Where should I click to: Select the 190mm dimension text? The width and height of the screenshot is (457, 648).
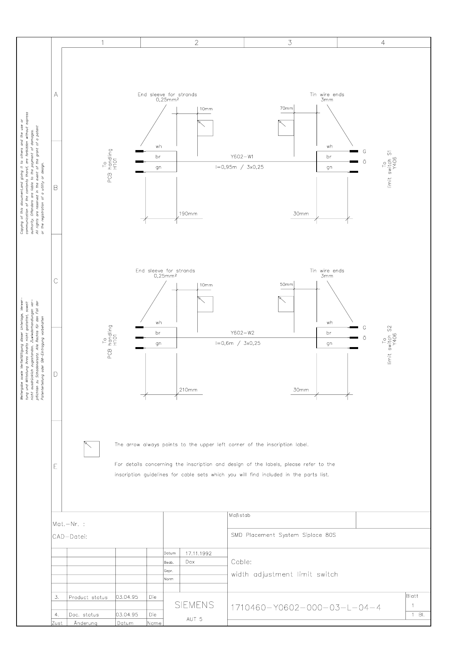pyautogui.click(x=188, y=214)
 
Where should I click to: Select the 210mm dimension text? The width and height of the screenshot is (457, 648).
pyautogui.click(x=188, y=390)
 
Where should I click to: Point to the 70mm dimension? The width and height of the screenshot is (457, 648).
pyautogui.click(x=286, y=109)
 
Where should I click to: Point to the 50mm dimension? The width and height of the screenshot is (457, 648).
pyautogui.click(x=286, y=284)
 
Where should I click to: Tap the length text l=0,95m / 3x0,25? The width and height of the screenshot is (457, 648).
pyautogui.click(x=239, y=167)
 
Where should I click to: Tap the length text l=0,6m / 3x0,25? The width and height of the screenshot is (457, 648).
pyautogui.click(x=238, y=343)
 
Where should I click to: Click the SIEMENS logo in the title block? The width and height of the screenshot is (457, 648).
pyautogui.click(x=194, y=605)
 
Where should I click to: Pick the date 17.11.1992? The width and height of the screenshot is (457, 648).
pyautogui.click(x=198, y=553)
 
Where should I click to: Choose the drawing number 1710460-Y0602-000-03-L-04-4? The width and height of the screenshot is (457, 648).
pyautogui.click(x=306, y=608)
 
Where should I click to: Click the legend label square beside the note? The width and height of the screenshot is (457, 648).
pyautogui.click(x=92, y=449)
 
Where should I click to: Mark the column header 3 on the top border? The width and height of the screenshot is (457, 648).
pyautogui.click(x=290, y=43)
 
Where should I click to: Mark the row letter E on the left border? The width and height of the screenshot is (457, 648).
pyautogui.click(x=56, y=467)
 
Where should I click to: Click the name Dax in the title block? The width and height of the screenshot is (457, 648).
pyautogui.click(x=190, y=562)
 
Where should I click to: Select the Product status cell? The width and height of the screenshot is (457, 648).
pyautogui.click(x=88, y=598)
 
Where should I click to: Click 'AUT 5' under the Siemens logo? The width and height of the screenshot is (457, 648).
pyautogui.click(x=194, y=619)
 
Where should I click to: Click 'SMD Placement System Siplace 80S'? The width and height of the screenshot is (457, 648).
pyautogui.click(x=284, y=535)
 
